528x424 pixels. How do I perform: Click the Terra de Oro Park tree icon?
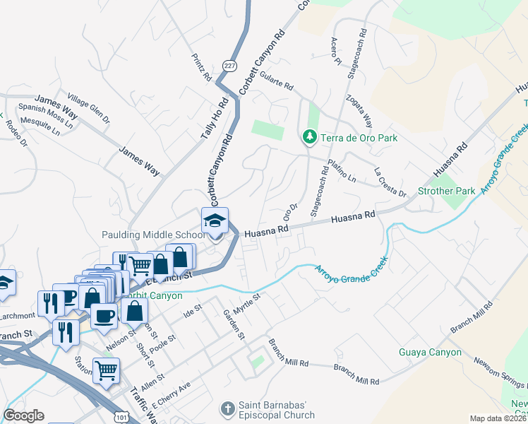tap(309, 136)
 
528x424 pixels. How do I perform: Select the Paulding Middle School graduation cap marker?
tap(215, 220)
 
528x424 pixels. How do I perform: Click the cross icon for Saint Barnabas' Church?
tap(227, 408)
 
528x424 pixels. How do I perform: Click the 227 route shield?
tap(229, 65)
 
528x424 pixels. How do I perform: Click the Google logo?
tap(23, 416)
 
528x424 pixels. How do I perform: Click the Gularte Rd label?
tap(276, 80)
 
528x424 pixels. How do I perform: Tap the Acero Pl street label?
tap(335, 51)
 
